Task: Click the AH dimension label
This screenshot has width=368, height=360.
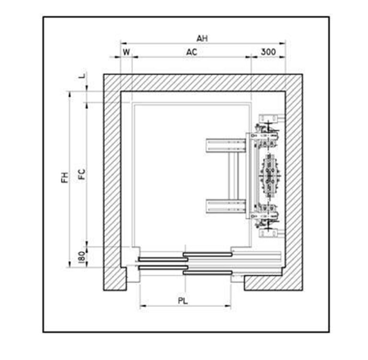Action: point(202,38)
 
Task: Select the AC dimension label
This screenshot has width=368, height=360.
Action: point(192,52)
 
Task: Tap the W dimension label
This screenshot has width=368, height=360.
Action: point(126,52)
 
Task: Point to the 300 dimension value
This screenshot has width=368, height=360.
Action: point(268,52)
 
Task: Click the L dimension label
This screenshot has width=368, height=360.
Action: point(82,76)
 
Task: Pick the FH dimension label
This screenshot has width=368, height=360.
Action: point(65,177)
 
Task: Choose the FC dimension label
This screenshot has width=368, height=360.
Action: point(82,174)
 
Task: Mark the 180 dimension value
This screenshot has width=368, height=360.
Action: point(81,257)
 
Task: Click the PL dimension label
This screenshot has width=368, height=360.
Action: point(183,301)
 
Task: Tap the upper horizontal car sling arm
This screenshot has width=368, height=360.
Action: point(226,146)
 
